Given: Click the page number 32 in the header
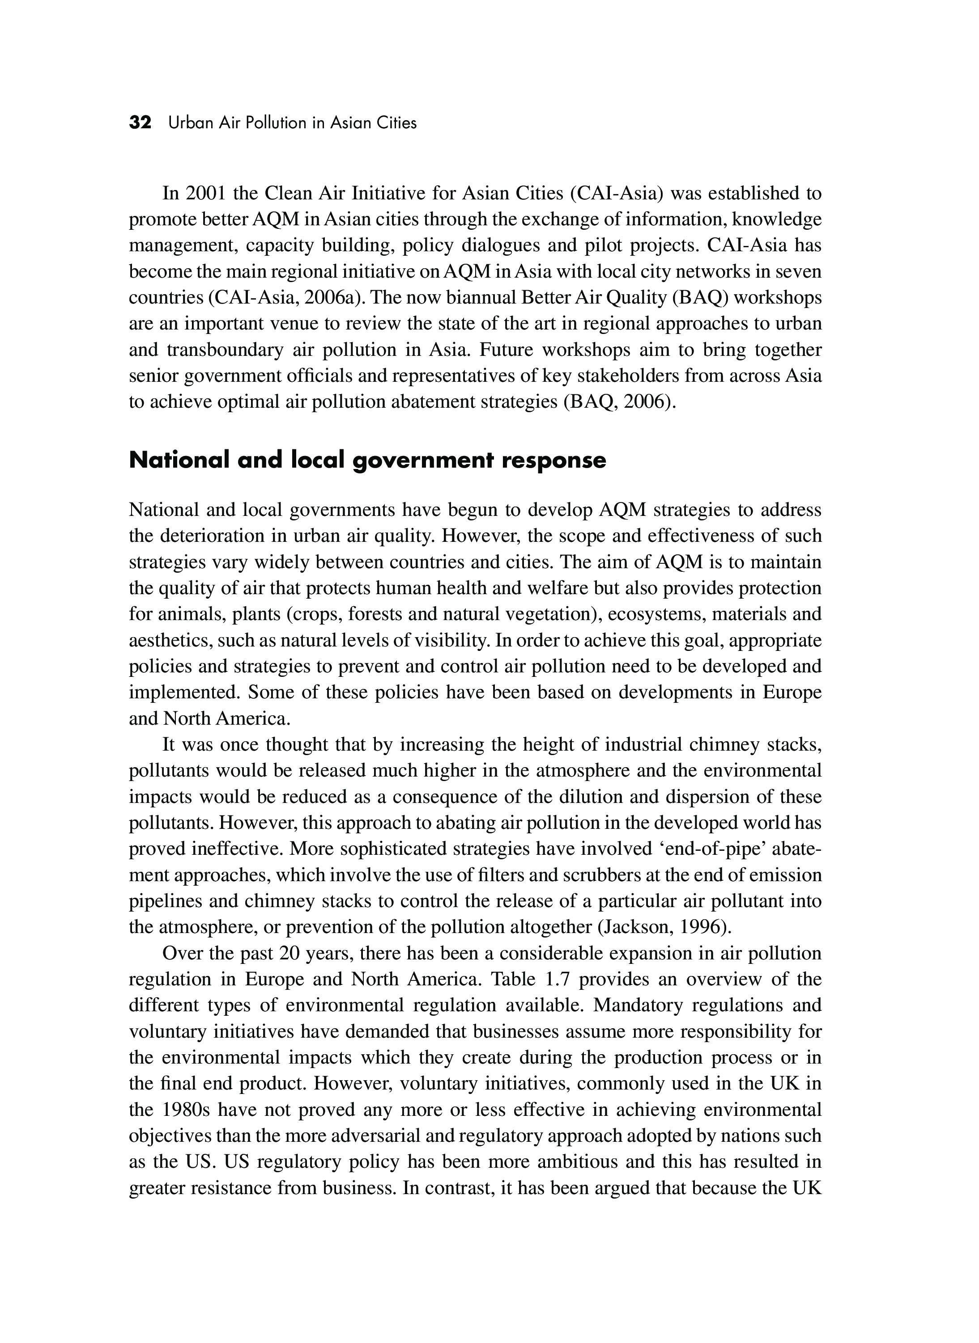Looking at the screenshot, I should [x=140, y=123].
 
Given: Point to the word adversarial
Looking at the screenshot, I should [x=432, y=1135].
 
